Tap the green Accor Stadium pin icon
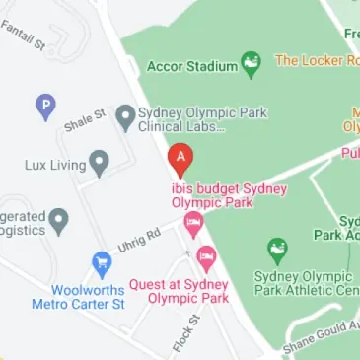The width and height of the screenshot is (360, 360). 252,64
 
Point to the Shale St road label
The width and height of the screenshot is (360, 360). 85,121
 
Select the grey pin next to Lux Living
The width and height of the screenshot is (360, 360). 99,163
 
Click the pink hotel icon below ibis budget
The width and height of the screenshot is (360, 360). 193,223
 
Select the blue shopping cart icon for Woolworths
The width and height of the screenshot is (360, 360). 100,263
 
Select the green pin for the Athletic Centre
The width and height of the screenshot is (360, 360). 278,250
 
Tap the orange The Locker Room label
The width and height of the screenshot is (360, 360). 317,61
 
